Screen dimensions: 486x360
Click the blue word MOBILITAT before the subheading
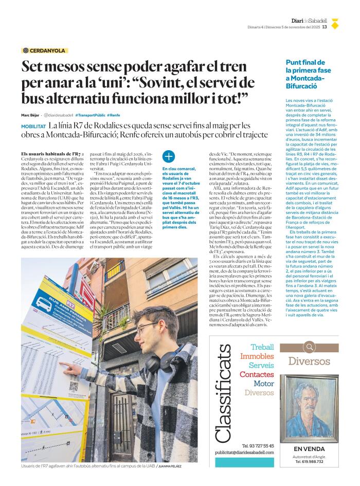click(34, 126)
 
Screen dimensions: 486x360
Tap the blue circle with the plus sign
click(168, 157)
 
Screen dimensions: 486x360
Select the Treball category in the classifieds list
click(262, 347)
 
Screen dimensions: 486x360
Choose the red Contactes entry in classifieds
click(257, 374)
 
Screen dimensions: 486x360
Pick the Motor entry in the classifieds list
click(264, 384)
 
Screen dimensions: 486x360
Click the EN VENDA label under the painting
click(309, 448)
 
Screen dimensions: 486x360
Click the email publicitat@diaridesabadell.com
click(244, 453)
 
